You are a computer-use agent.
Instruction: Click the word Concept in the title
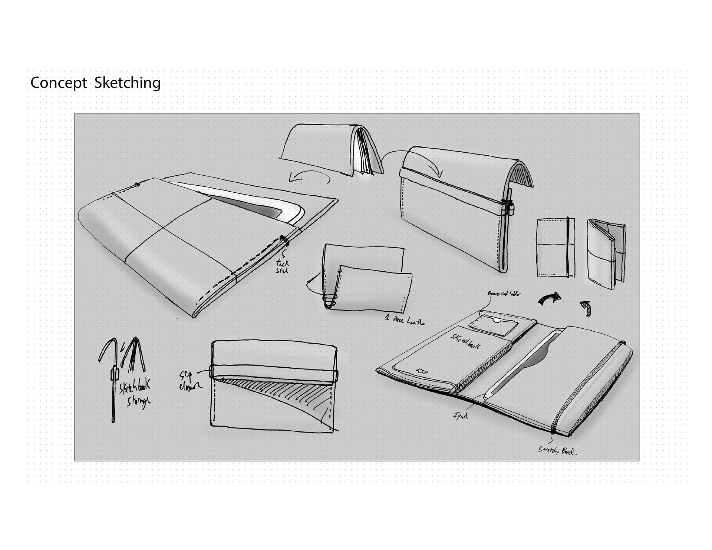tap(59, 83)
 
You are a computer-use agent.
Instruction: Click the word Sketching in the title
tap(128, 83)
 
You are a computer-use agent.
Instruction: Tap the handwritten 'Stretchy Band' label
tap(557, 451)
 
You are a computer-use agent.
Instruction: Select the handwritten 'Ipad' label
tap(460, 416)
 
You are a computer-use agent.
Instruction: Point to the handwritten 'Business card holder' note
tap(504, 294)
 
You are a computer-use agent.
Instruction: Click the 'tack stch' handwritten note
tap(283, 266)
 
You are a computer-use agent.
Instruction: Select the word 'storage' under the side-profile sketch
tap(138, 401)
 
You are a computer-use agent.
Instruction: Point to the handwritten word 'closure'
tap(190, 386)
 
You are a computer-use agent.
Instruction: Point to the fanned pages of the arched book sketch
tap(365, 152)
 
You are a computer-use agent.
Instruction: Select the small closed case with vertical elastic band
tap(556, 247)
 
